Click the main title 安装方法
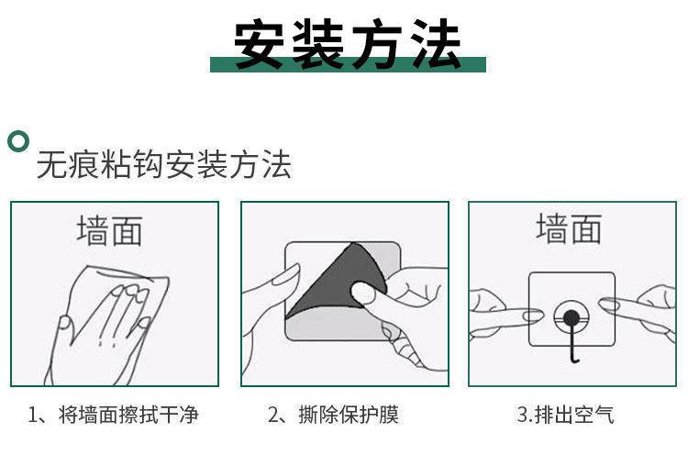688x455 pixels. point(348,44)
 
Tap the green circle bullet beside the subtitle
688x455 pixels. point(18,141)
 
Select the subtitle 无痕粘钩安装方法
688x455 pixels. point(163,164)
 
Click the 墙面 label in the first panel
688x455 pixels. point(110,230)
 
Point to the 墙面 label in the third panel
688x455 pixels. point(569,228)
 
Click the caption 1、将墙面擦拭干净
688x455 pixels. point(113,415)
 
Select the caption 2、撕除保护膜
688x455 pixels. point(333,415)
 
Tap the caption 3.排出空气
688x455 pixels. point(565,415)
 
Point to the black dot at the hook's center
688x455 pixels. point(571,316)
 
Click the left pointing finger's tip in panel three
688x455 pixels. point(538,315)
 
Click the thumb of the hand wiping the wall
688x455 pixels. point(64,324)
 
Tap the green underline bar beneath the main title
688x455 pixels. point(348,64)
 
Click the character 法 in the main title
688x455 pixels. point(435,44)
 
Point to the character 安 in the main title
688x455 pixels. point(259,44)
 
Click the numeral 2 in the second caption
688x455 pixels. point(273,415)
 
